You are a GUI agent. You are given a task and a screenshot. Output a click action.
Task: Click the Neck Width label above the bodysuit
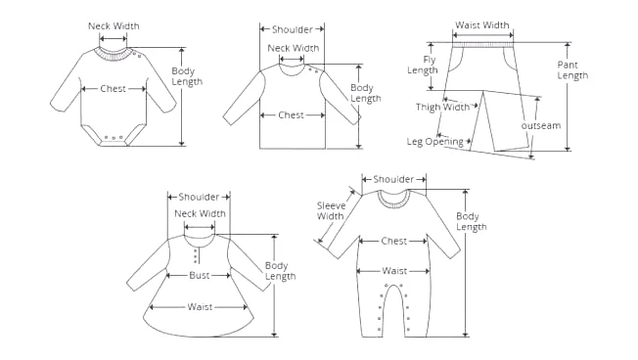114,26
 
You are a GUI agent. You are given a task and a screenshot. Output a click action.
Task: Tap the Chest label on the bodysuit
114,89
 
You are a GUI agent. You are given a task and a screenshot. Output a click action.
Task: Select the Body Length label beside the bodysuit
186,76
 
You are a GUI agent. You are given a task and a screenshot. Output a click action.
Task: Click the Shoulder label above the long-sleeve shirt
293,29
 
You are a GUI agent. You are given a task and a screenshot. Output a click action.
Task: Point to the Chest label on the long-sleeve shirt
291,115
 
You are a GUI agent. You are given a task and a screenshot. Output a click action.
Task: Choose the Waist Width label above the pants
481,25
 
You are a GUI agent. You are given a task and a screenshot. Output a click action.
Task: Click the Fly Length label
423,66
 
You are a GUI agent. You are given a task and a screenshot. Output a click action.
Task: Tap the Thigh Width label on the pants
442,107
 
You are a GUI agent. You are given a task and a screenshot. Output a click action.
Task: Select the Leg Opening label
435,142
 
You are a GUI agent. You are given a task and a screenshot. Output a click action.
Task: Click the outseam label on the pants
541,125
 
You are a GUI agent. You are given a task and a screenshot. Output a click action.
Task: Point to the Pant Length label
572,70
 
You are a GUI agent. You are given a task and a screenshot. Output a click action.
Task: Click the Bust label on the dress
200,276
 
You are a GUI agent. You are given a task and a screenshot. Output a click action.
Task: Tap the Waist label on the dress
200,307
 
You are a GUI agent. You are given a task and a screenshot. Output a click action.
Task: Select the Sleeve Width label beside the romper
331,210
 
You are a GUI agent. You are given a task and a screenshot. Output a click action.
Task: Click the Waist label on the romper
394,271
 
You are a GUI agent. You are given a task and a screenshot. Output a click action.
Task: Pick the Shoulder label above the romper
393,179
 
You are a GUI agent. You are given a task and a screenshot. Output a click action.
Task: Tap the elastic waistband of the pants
483,45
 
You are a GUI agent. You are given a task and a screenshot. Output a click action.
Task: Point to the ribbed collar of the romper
393,202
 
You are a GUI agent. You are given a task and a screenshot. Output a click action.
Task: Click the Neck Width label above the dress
200,213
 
